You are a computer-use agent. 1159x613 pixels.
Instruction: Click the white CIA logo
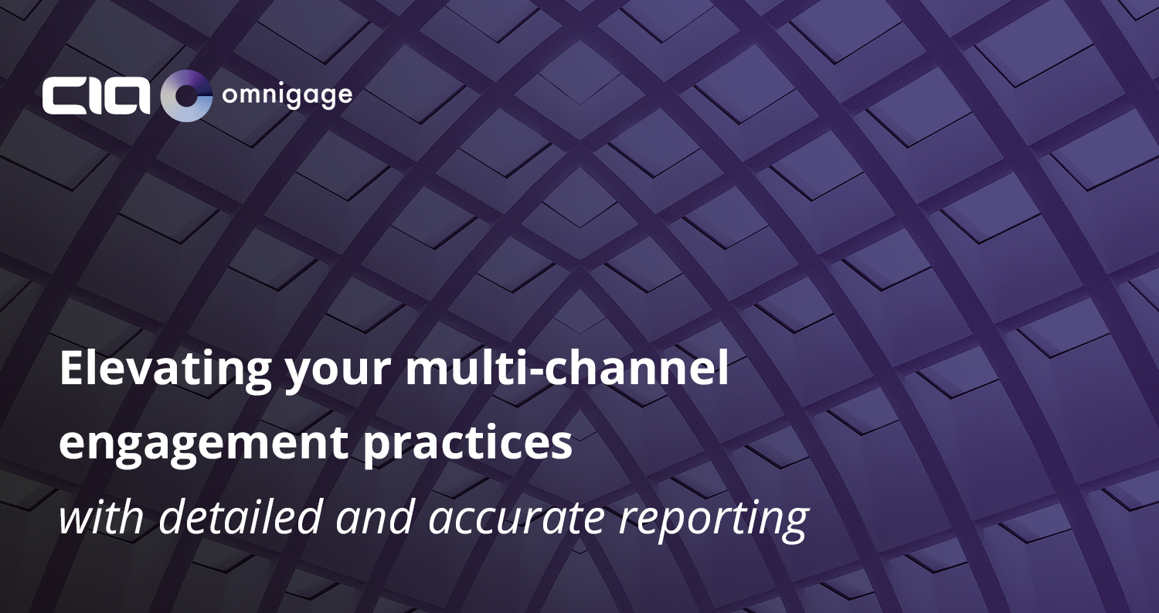[97, 95]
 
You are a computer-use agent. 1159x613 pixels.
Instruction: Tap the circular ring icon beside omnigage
[186, 96]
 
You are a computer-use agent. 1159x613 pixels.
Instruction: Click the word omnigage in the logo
[287, 97]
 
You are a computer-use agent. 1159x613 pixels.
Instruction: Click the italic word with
[101, 517]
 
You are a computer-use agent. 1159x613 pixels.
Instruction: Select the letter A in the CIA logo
[126, 96]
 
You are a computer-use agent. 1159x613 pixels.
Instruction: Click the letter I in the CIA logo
[91, 96]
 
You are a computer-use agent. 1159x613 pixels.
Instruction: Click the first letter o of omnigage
[229, 97]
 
